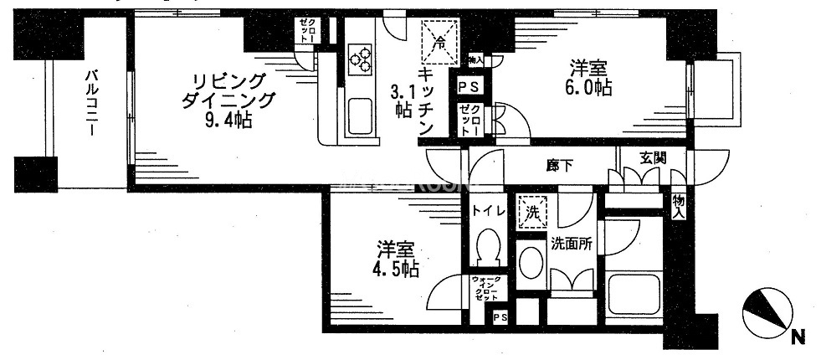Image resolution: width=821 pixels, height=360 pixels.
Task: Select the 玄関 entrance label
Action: coord(654,157)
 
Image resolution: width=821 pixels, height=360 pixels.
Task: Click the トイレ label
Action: coord(488,210)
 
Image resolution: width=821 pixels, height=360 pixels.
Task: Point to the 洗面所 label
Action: coord(572,244)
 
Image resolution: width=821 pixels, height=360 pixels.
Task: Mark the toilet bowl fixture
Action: coord(486,249)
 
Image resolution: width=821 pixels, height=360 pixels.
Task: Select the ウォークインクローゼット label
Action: coord(486,288)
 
